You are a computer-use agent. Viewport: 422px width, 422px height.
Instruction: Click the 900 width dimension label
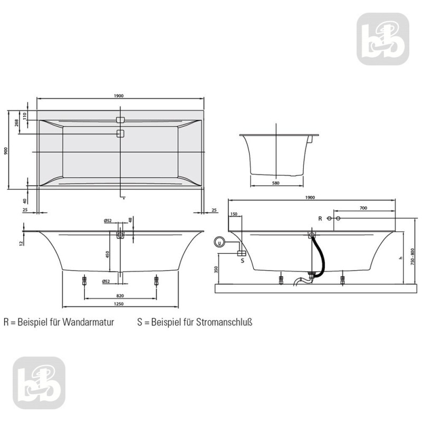click(x=6, y=151)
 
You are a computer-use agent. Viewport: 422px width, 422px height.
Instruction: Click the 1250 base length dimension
click(x=119, y=304)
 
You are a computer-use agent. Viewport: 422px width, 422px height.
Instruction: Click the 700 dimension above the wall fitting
click(x=363, y=208)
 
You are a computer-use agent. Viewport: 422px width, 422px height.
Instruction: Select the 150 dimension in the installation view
click(x=234, y=214)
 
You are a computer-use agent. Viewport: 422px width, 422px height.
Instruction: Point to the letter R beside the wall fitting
click(x=320, y=218)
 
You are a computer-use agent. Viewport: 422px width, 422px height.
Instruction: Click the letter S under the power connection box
click(x=242, y=260)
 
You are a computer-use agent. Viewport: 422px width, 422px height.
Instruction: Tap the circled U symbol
click(x=219, y=243)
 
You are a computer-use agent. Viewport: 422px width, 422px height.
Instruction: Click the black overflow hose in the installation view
click(x=317, y=253)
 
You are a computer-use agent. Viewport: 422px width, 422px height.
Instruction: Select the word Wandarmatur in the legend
click(x=89, y=321)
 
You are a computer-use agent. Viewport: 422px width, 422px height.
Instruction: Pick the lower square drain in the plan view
click(x=120, y=133)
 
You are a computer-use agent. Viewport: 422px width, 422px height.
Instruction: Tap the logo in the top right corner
click(x=382, y=40)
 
